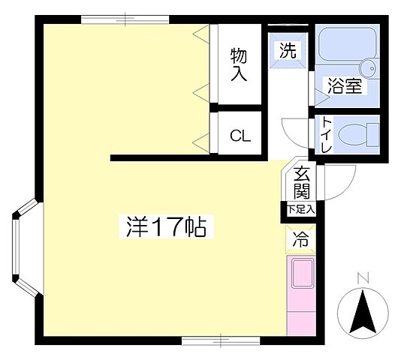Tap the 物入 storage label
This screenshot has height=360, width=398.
pyautogui.click(x=240, y=64)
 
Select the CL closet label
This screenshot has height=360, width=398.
pyautogui.click(x=240, y=136)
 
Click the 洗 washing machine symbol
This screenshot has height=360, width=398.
pyautogui.click(x=288, y=52)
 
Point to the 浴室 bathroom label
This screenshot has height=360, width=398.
pyautogui.click(x=344, y=87)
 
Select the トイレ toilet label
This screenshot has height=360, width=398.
pyautogui.click(x=327, y=136)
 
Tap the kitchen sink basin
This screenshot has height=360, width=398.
pyautogui.click(x=301, y=274)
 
